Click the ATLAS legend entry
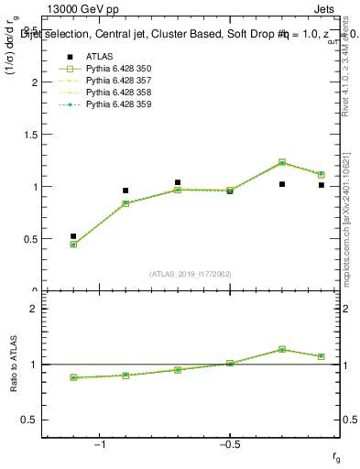[x=99, y=57]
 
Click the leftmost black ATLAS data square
[x=73, y=236]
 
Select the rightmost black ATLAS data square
[x=322, y=185]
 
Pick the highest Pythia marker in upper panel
[x=282, y=162]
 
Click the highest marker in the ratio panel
[x=282, y=349]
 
